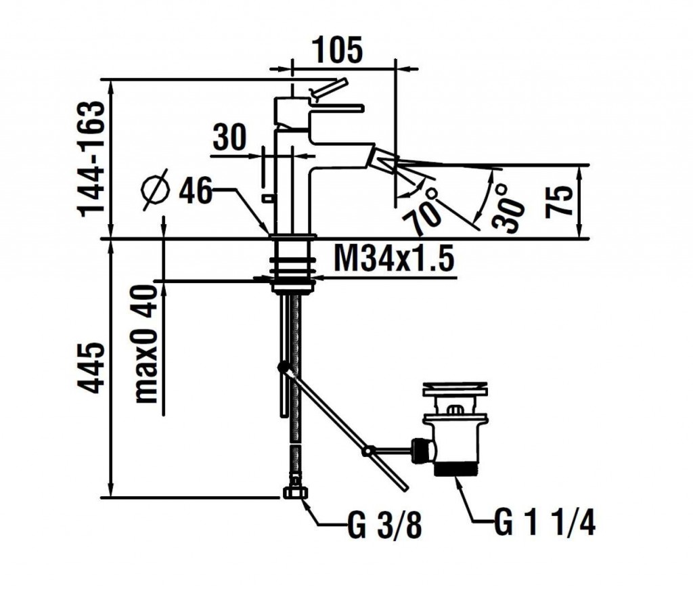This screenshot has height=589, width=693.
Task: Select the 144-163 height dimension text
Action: pyautogui.click(x=92, y=158)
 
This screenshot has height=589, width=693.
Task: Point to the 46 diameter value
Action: pyautogui.click(x=196, y=192)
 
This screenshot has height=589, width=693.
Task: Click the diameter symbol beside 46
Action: pyautogui.click(x=156, y=190)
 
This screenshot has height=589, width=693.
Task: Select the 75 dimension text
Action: pyautogui.click(x=561, y=200)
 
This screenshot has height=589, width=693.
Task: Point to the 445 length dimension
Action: pyautogui.click(x=92, y=368)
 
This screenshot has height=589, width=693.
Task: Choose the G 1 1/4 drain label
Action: pyautogui.click(x=545, y=523)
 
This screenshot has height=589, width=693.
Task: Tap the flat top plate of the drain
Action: pyautogui.click(x=455, y=390)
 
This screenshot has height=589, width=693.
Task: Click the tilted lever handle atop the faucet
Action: pyautogui.click(x=328, y=87)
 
